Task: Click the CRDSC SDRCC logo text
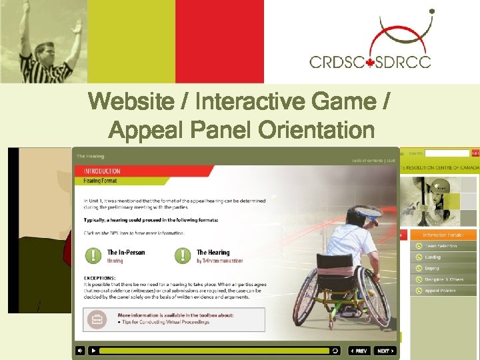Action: point(370,61)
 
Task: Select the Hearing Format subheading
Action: point(100,181)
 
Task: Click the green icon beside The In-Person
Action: point(93,256)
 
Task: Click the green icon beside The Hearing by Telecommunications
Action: point(183,256)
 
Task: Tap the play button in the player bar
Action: point(93,351)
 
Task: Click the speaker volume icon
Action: point(80,351)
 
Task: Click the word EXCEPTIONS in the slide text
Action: point(100,277)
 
